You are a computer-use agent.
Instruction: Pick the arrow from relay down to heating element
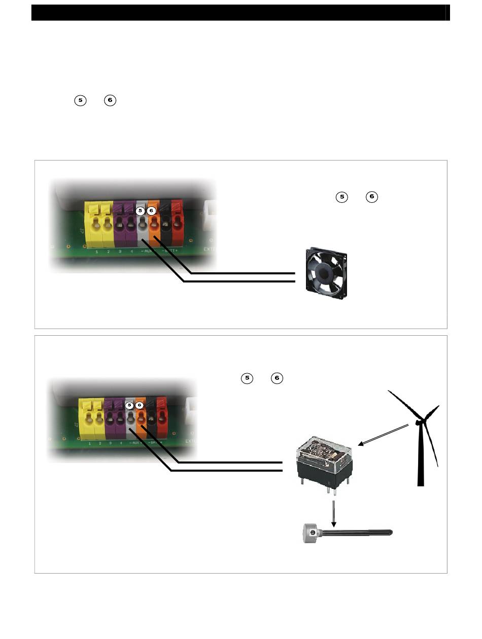coord(333,513)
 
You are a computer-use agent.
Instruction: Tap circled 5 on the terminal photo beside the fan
coord(142,210)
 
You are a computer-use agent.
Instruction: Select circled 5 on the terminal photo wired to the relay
coord(129,405)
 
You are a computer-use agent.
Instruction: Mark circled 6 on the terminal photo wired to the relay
coord(140,405)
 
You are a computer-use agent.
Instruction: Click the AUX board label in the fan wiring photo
coord(148,251)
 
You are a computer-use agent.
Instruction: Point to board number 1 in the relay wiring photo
coord(90,443)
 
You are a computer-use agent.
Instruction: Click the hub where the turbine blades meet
coord(419,421)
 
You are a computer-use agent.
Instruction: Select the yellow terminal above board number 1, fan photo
coord(94,223)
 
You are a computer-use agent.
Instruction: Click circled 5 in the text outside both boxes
coord(80,100)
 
